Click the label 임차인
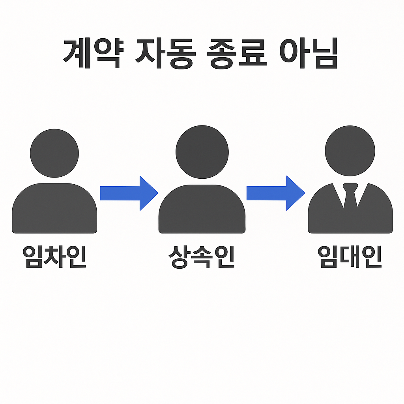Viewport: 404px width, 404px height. [54, 257]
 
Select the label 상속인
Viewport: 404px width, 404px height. [202, 257]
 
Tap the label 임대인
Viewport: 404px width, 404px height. [350, 257]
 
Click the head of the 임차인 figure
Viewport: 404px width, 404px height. [54, 153]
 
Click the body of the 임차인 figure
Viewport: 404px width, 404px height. [54, 209]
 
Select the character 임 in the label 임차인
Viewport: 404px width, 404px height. [33, 257]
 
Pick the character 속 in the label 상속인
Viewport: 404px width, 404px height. [202, 257]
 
